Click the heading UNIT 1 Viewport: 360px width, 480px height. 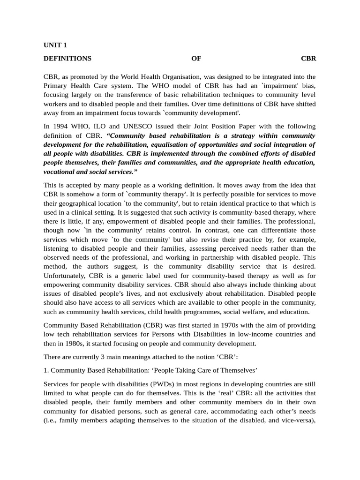[55, 45]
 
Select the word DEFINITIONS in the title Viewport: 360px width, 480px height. [67, 59]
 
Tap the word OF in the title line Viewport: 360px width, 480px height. [196, 59]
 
